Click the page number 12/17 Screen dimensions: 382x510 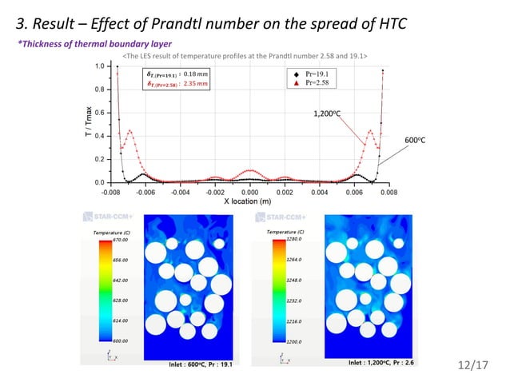pos(473,365)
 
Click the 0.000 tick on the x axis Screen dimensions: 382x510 pos(250,193)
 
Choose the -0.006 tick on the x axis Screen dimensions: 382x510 pos(145,193)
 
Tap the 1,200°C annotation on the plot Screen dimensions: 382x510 pos(327,113)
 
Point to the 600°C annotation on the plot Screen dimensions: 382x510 pos(415,141)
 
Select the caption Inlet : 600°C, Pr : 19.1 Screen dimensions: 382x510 pos(203,364)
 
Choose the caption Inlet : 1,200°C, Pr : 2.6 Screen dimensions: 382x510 pos(386,363)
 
